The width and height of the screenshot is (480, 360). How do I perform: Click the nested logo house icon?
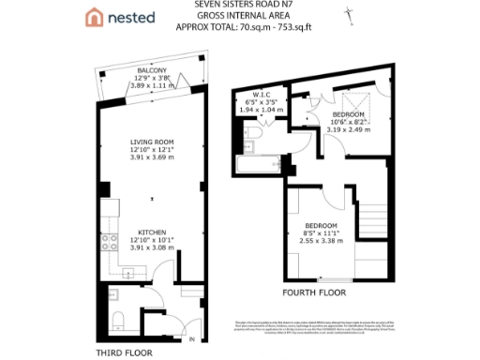[94, 18]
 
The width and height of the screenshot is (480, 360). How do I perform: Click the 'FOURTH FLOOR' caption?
[314, 292]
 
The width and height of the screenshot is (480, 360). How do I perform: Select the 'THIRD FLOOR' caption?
[126, 352]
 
